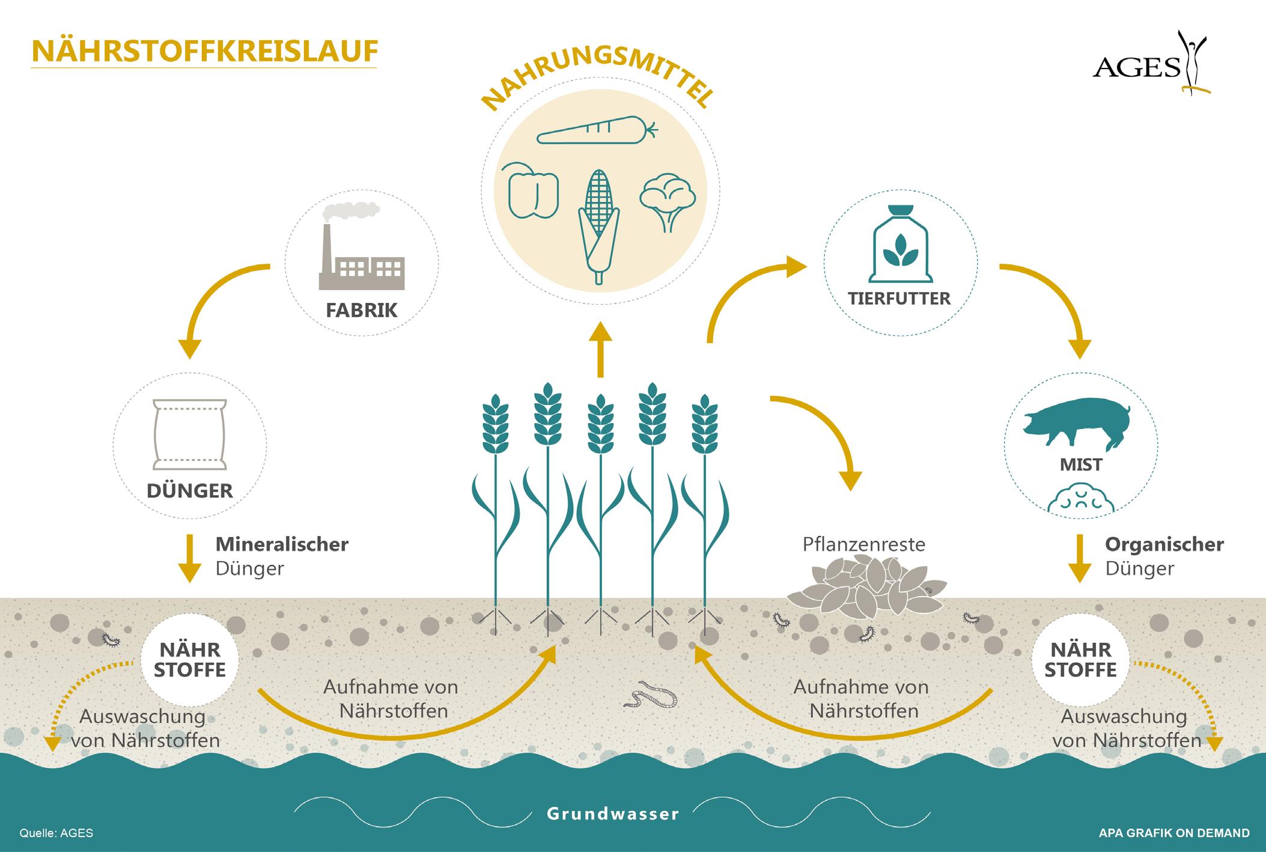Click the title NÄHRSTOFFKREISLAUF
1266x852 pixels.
[x=204, y=52]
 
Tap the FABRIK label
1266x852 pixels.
[x=362, y=311]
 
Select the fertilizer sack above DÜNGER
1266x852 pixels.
[x=190, y=434]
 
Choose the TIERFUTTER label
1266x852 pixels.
[x=899, y=299]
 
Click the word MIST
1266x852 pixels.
[x=1081, y=464]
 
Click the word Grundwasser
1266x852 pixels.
[x=613, y=814]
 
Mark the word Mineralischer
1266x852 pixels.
[x=282, y=544]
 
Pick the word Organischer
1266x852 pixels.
[x=1164, y=544]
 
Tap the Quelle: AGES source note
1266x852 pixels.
[x=56, y=833]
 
